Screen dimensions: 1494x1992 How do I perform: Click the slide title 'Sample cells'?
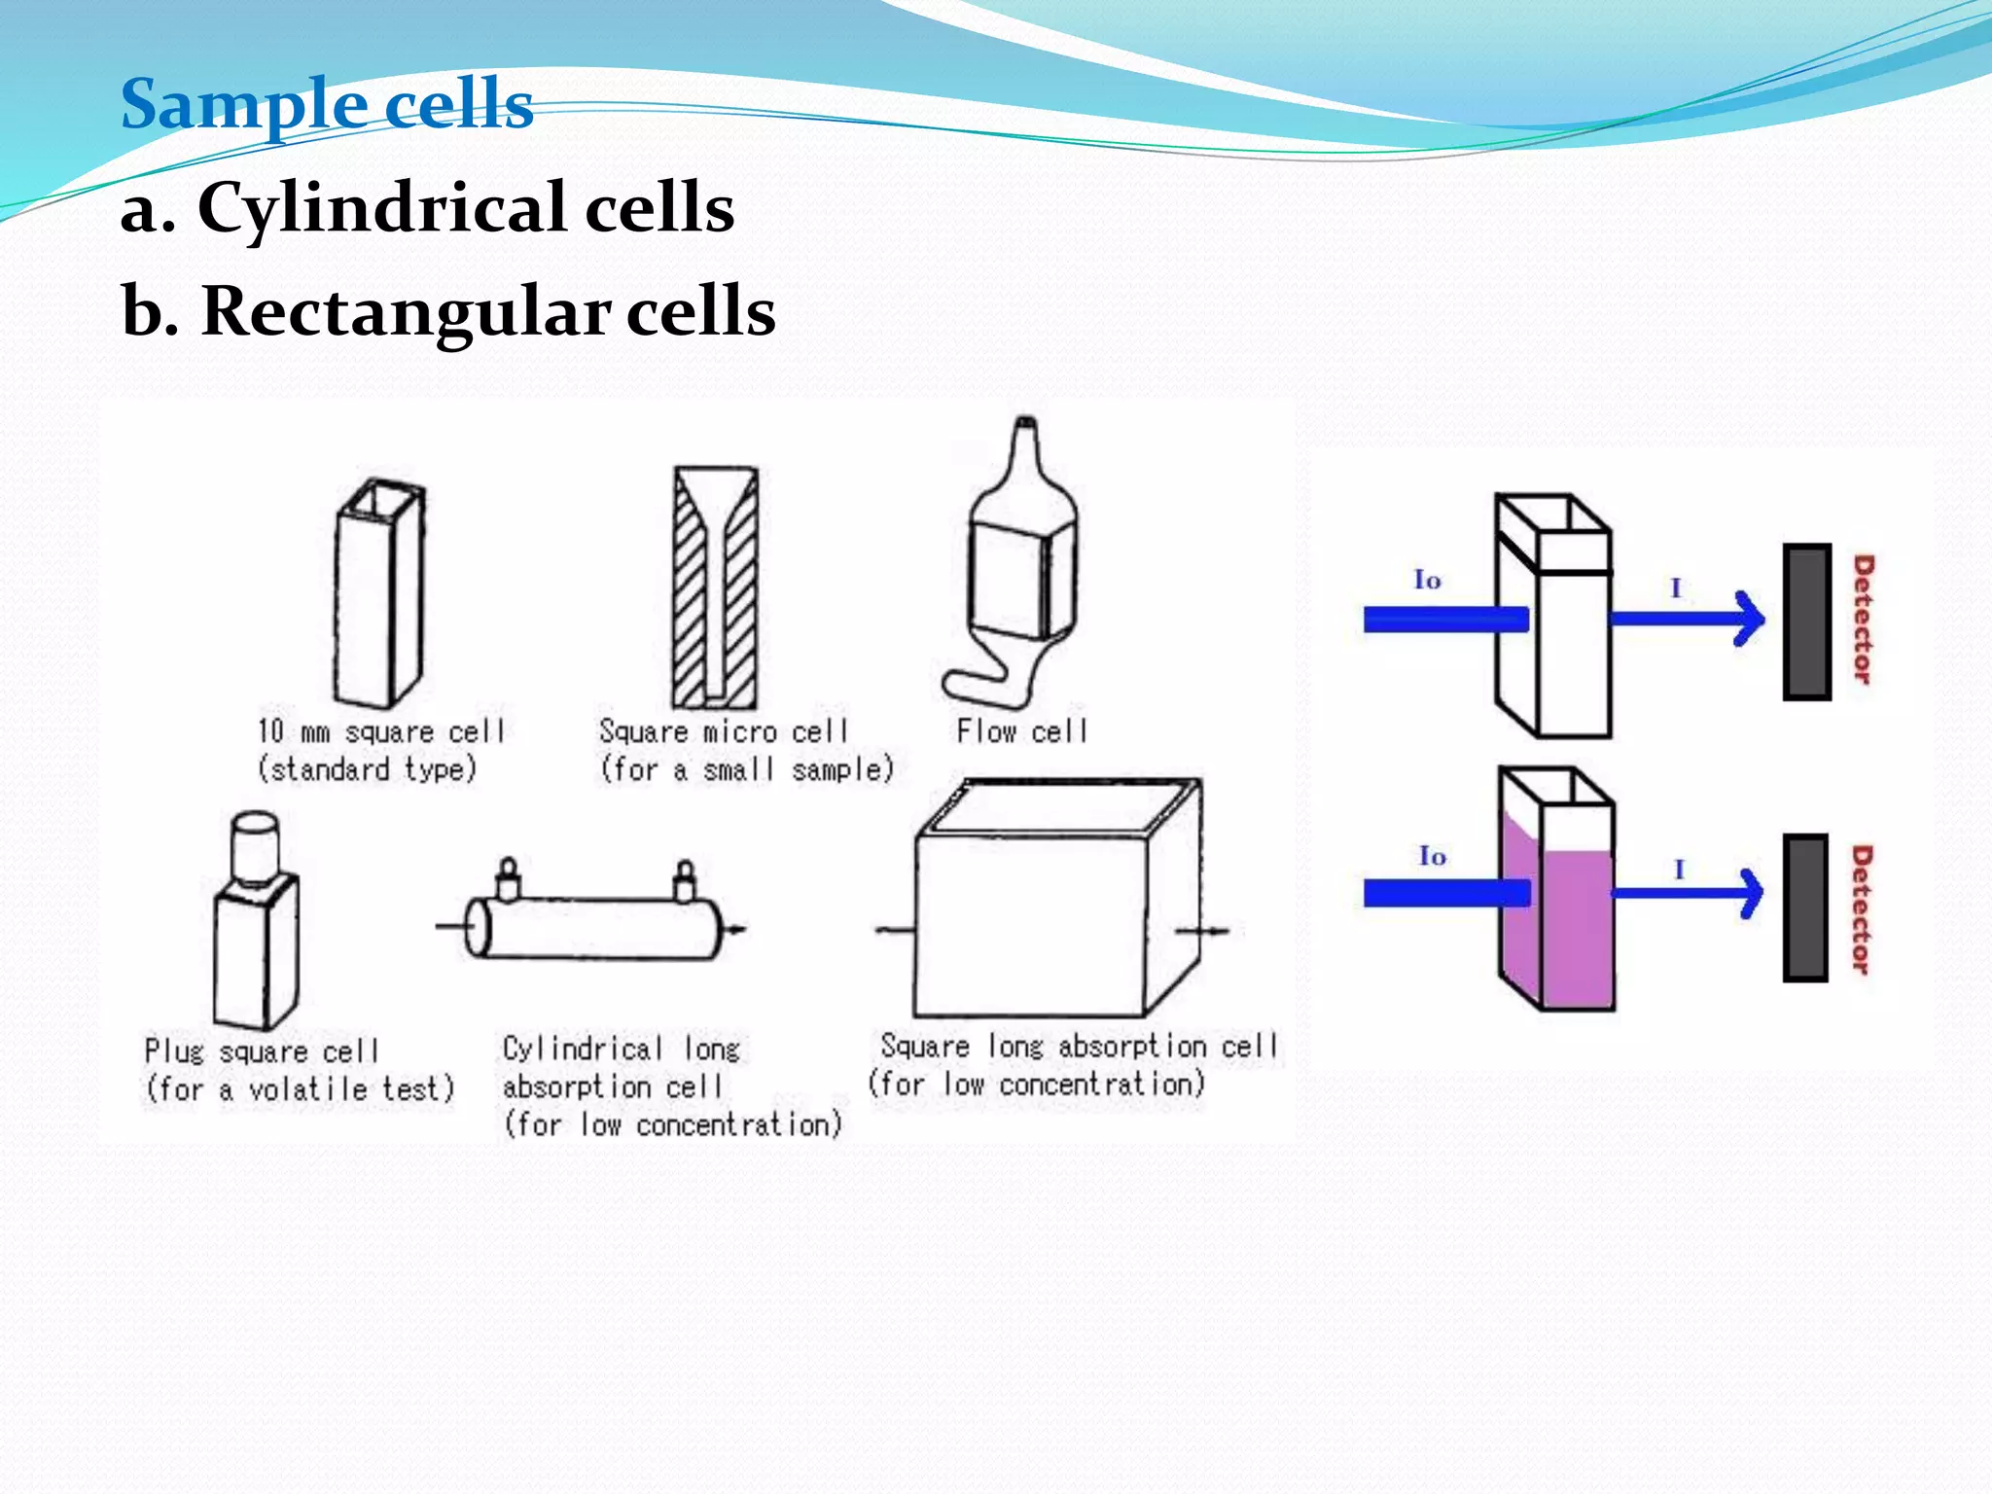pyautogui.click(x=327, y=104)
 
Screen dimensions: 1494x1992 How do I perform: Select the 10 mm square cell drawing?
pyautogui.click(x=379, y=593)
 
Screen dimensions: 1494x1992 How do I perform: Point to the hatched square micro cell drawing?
pyautogui.click(x=715, y=587)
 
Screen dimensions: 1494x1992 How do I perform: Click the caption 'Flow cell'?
pyautogui.click(x=1021, y=730)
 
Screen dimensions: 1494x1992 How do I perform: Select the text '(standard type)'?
pyautogui.click(x=367, y=769)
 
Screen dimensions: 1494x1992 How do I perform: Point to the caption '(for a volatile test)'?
pyautogui.click(x=300, y=1088)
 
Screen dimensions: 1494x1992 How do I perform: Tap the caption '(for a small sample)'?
pyautogui.click(x=746, y=769)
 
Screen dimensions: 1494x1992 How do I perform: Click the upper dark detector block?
pyautogui.click(x=1806, y=622)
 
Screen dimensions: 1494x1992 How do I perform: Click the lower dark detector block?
pyautogui.click(x=1805, y=907)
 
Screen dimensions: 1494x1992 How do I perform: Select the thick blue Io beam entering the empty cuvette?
pyautogui.click(x=1444, y=620)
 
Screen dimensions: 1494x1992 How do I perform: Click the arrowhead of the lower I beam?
pyautogui.click(x=1752, y=893)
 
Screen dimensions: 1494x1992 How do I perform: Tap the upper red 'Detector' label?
pyautogui.click(x=1862, y=620)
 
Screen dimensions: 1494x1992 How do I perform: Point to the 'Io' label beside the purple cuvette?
pyautogui.click(x=1432, y=856)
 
